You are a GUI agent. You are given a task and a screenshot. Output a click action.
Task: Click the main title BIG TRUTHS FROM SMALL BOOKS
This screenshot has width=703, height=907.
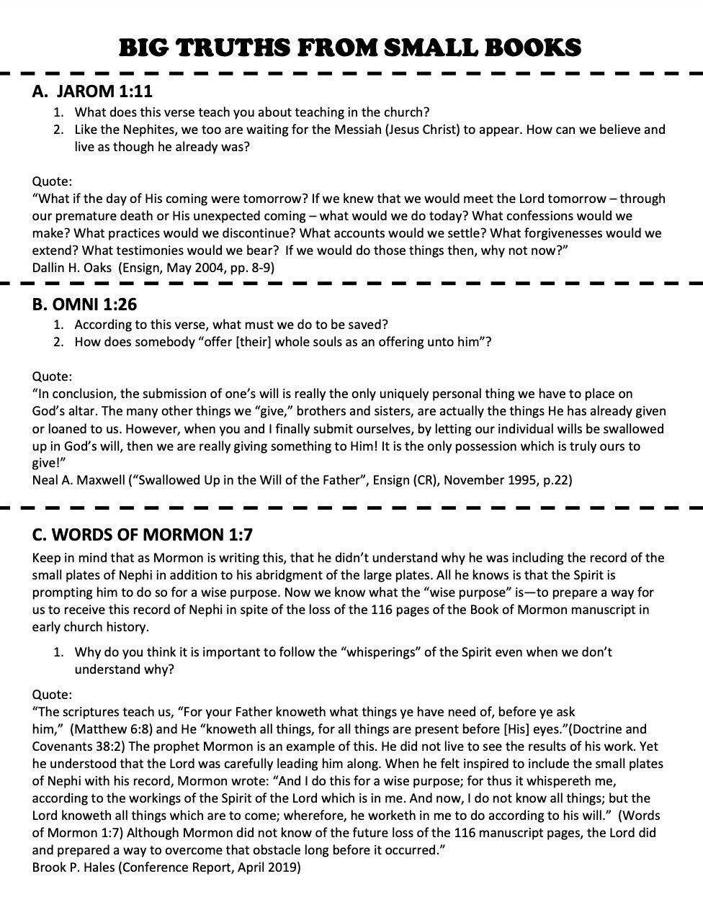pos(350,48)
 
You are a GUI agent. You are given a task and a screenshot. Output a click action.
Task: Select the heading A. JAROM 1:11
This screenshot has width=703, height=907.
pos(92,91)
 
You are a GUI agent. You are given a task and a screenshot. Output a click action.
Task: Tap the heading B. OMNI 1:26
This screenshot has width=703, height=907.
pos(84,304)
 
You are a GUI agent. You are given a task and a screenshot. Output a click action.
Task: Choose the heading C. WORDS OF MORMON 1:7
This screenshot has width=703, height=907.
pos(142,535)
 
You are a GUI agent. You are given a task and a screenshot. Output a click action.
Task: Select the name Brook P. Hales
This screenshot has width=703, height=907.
pos(73,867)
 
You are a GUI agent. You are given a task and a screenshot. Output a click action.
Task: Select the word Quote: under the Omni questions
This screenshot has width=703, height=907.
pos(52,376)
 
